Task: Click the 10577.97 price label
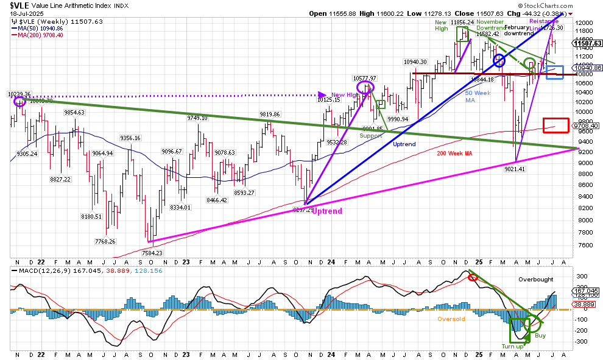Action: (365, 78)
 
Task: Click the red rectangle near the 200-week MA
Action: (555, 125)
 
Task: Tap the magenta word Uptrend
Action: (328, 211)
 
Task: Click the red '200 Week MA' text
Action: (456, 153)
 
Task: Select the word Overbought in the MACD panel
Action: (536, 279)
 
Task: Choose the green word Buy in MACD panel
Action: (540, 335)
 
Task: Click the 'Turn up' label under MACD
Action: (512, 346)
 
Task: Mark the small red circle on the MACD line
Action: (473, 278)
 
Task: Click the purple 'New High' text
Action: (343, 94)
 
